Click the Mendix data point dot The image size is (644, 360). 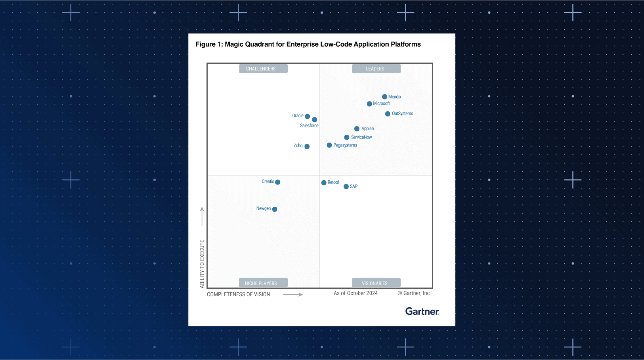pos(384,97)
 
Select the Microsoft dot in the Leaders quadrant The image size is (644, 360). pos(369,104)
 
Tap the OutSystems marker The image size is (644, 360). pos(388,114)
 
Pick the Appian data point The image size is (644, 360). pos(357,129)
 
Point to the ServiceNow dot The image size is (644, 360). pos(347,137)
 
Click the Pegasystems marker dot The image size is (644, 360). pos(329,145)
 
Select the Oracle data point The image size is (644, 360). pos(308,116)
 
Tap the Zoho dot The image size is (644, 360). pos(307,147)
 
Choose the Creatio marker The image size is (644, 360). pos(278,182)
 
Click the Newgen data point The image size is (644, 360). pos(275,209)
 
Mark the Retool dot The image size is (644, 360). pos(324,183)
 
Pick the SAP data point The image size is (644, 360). pos(346,187)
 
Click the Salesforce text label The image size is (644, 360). pos(309,126)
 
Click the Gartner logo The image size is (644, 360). pos(422,311)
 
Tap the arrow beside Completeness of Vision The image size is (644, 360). pos(293,295)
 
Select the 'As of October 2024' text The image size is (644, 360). pos(355,293)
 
